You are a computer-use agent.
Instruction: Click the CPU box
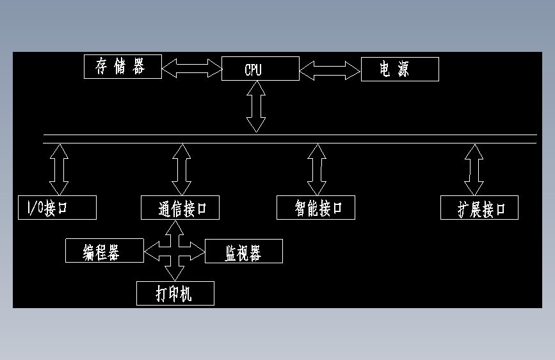[260, 69]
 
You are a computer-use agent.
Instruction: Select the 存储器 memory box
[123, 67]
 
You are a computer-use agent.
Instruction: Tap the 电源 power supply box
[399, 69]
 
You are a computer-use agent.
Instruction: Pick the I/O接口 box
[57, 208]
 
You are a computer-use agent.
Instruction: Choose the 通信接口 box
[180, 208]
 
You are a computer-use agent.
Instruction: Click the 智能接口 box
[316, 208]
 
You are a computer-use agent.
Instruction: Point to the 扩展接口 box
[479, 208]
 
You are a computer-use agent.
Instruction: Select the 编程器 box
[104, 251]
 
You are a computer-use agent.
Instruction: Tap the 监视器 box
[243, 252]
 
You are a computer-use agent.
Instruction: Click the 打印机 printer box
[175, 293]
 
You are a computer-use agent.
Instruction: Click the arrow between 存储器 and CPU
[191, 67]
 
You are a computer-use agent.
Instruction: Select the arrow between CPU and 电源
[330, 70]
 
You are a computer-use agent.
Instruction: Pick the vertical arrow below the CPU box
[256, 107]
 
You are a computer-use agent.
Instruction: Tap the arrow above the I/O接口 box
[60, 169]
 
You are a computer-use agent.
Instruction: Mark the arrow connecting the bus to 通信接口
[182, 169]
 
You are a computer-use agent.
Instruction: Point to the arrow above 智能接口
[316, 169]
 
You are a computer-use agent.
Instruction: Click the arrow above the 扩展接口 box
[474, 169]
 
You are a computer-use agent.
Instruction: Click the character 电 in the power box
[385, 69]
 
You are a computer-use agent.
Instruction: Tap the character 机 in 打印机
[186, 293]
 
